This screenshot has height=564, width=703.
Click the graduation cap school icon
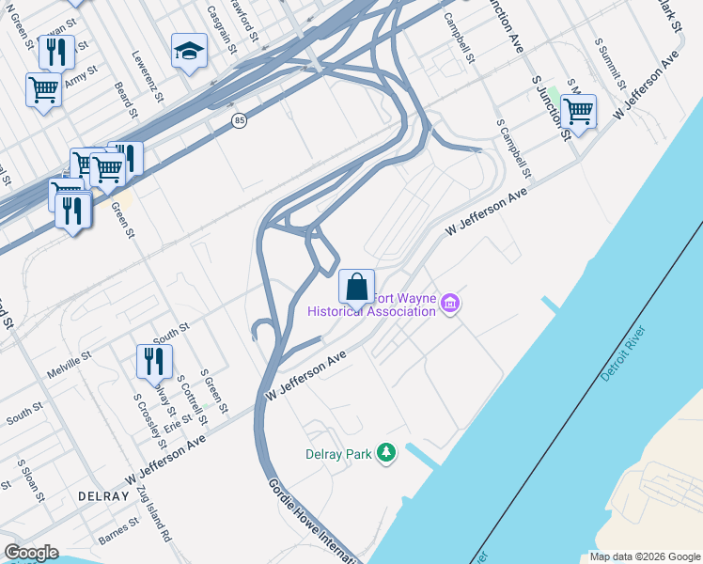[189, 52]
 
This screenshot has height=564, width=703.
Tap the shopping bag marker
[356, 286]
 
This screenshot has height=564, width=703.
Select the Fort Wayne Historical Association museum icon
[450, 304]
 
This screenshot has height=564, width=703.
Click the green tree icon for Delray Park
[385, 454]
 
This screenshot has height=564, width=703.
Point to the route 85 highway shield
[240, 120]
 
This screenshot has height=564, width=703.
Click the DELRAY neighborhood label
[103, 495]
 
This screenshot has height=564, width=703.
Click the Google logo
[31, 553]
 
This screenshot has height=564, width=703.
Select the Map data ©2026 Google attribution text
[644, 556]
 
